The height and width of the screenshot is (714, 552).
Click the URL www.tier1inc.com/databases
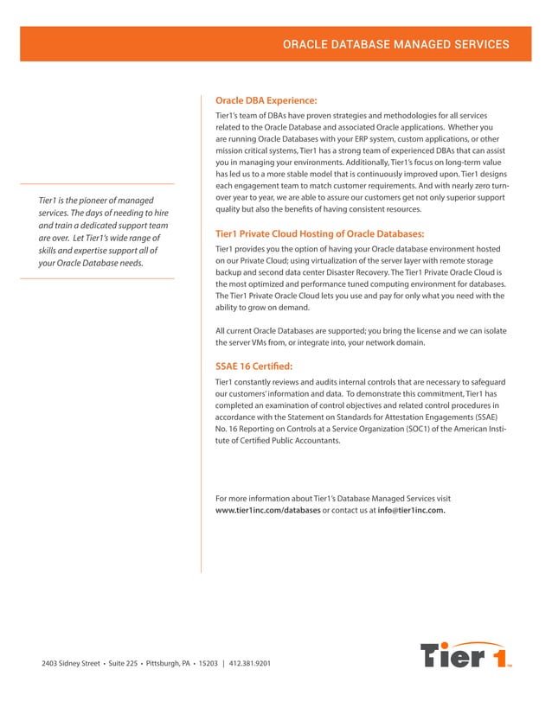click(267, 510)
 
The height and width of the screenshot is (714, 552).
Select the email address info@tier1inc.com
click(412, 510)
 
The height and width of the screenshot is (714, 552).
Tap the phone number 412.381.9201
click(251, 664)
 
